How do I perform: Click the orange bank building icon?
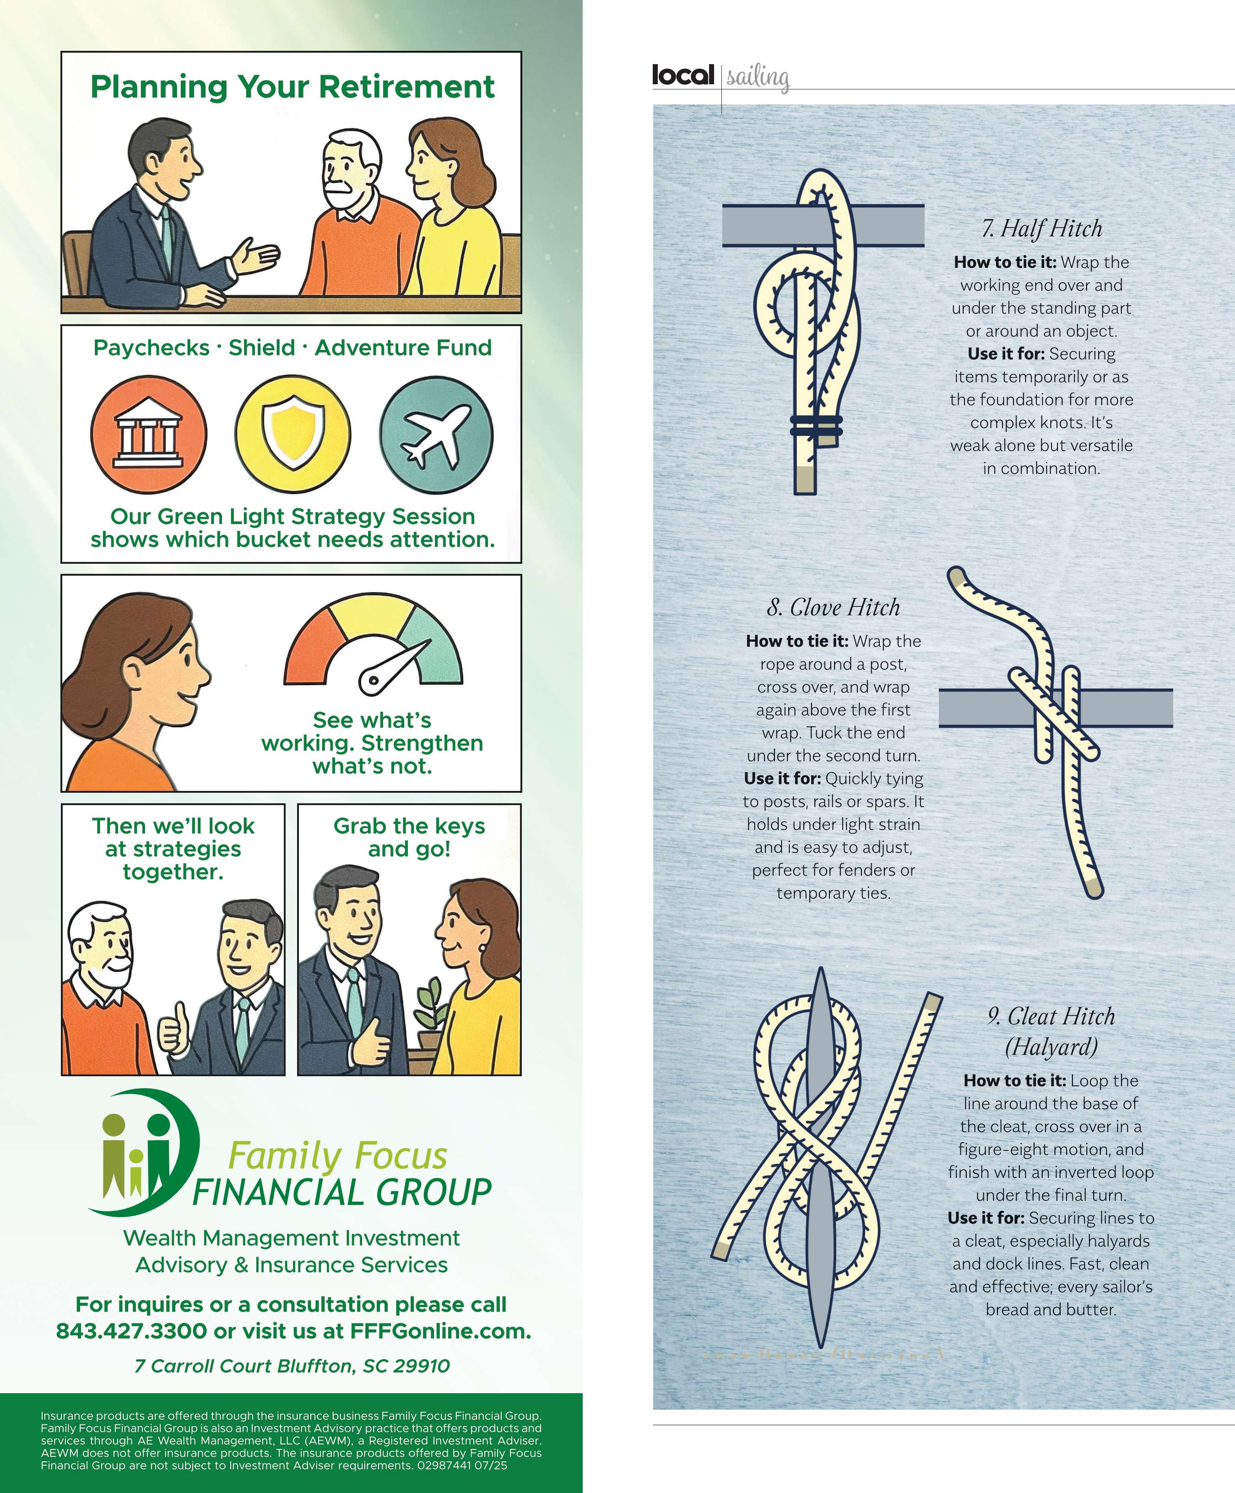point(148,435)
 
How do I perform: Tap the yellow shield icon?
point(293,435)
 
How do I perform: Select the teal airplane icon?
point(436,435)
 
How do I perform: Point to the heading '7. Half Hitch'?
point(1042,228)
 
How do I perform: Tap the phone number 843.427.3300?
point(131,1331)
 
